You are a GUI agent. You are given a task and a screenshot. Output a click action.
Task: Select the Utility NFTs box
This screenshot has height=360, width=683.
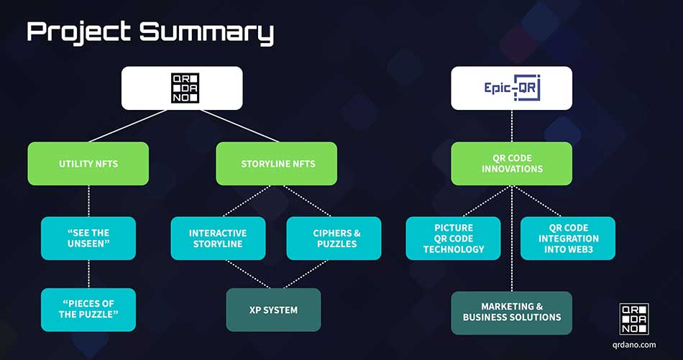click(x=88, y=164)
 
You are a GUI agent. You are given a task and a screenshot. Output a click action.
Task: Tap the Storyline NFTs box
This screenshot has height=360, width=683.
click(x=277, y=164)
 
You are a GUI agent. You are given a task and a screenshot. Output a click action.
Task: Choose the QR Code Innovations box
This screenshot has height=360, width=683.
click(x=511, y=164)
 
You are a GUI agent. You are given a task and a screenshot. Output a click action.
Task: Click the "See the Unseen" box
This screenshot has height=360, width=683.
click(x=88, y=239)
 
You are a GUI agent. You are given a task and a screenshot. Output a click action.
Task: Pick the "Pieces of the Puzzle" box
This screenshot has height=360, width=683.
click(x=88, y=310)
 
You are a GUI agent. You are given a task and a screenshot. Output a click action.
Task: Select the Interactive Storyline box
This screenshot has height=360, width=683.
click(x=218, y=239)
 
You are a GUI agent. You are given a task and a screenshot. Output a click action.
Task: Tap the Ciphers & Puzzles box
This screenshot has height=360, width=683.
click(x=334, y=239)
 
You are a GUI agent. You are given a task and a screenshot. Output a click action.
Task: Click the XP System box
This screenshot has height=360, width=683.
click(x=273, y=310)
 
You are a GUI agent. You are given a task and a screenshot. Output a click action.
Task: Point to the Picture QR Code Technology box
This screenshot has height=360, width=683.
click(x=454, y=239)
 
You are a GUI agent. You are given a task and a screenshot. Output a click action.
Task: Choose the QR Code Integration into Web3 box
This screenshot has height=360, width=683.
click(x=568, y=239)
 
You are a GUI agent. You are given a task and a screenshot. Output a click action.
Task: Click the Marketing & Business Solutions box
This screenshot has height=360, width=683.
click(x=511, y=312)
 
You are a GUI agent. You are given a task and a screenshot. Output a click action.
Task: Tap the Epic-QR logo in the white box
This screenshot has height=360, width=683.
click(x=511, y=88)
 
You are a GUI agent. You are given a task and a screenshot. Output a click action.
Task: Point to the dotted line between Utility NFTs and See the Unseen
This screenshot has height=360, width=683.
click(x=88, y=201)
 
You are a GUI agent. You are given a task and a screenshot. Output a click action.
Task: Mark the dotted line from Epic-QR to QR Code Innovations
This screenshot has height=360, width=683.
click(x=511, y=126)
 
